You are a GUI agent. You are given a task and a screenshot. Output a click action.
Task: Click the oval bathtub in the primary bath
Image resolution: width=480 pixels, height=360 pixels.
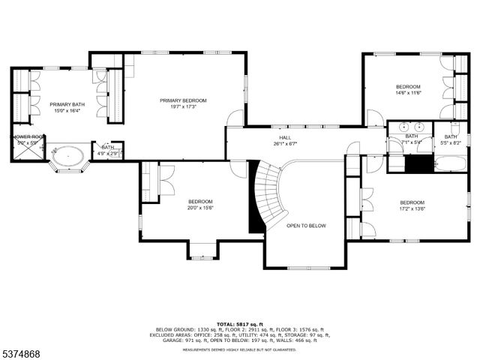(x=67, y=156)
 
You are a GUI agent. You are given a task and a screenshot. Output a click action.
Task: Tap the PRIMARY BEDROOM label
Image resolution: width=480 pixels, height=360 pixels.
(x=183, y=100)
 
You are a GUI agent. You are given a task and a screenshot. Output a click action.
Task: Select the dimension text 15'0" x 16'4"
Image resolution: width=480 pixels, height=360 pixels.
(x=66, y=111)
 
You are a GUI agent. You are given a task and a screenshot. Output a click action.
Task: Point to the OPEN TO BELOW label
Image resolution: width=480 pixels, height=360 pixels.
(x=306, y=225)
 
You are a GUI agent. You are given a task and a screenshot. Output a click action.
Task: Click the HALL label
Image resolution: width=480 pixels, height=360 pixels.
(x=285, y=138)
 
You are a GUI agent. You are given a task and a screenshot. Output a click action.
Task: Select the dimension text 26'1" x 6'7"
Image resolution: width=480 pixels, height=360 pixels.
(x=285, y=144)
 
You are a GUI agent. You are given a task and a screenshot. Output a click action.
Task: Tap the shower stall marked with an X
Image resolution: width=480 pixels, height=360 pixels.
(x=28, y=149)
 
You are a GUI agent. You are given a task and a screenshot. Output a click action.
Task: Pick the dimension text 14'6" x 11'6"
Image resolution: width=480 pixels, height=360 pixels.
(x=408, y=93)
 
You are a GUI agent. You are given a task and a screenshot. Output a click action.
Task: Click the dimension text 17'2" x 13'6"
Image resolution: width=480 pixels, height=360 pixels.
(x=412, y=209)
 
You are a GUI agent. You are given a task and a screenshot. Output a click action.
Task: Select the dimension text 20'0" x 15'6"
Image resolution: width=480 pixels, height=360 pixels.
(x=200, y=208)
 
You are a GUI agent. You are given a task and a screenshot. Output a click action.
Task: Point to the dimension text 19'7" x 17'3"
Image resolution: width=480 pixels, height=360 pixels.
(x=183, y=107)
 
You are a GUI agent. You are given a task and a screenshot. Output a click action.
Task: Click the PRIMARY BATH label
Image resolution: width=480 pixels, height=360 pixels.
(x=66, y=104)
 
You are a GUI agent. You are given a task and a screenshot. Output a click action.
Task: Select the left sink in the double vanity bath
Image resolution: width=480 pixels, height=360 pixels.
(x=401, y=126)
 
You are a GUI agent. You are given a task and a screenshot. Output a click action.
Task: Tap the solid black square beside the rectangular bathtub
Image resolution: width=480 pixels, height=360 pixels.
(x=419, y=163)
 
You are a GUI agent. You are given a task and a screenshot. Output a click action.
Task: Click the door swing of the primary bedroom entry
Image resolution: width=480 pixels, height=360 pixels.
(x=236, y=118)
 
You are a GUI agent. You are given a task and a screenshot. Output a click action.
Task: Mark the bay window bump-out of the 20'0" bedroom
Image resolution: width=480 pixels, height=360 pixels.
(x=203, y=250)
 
